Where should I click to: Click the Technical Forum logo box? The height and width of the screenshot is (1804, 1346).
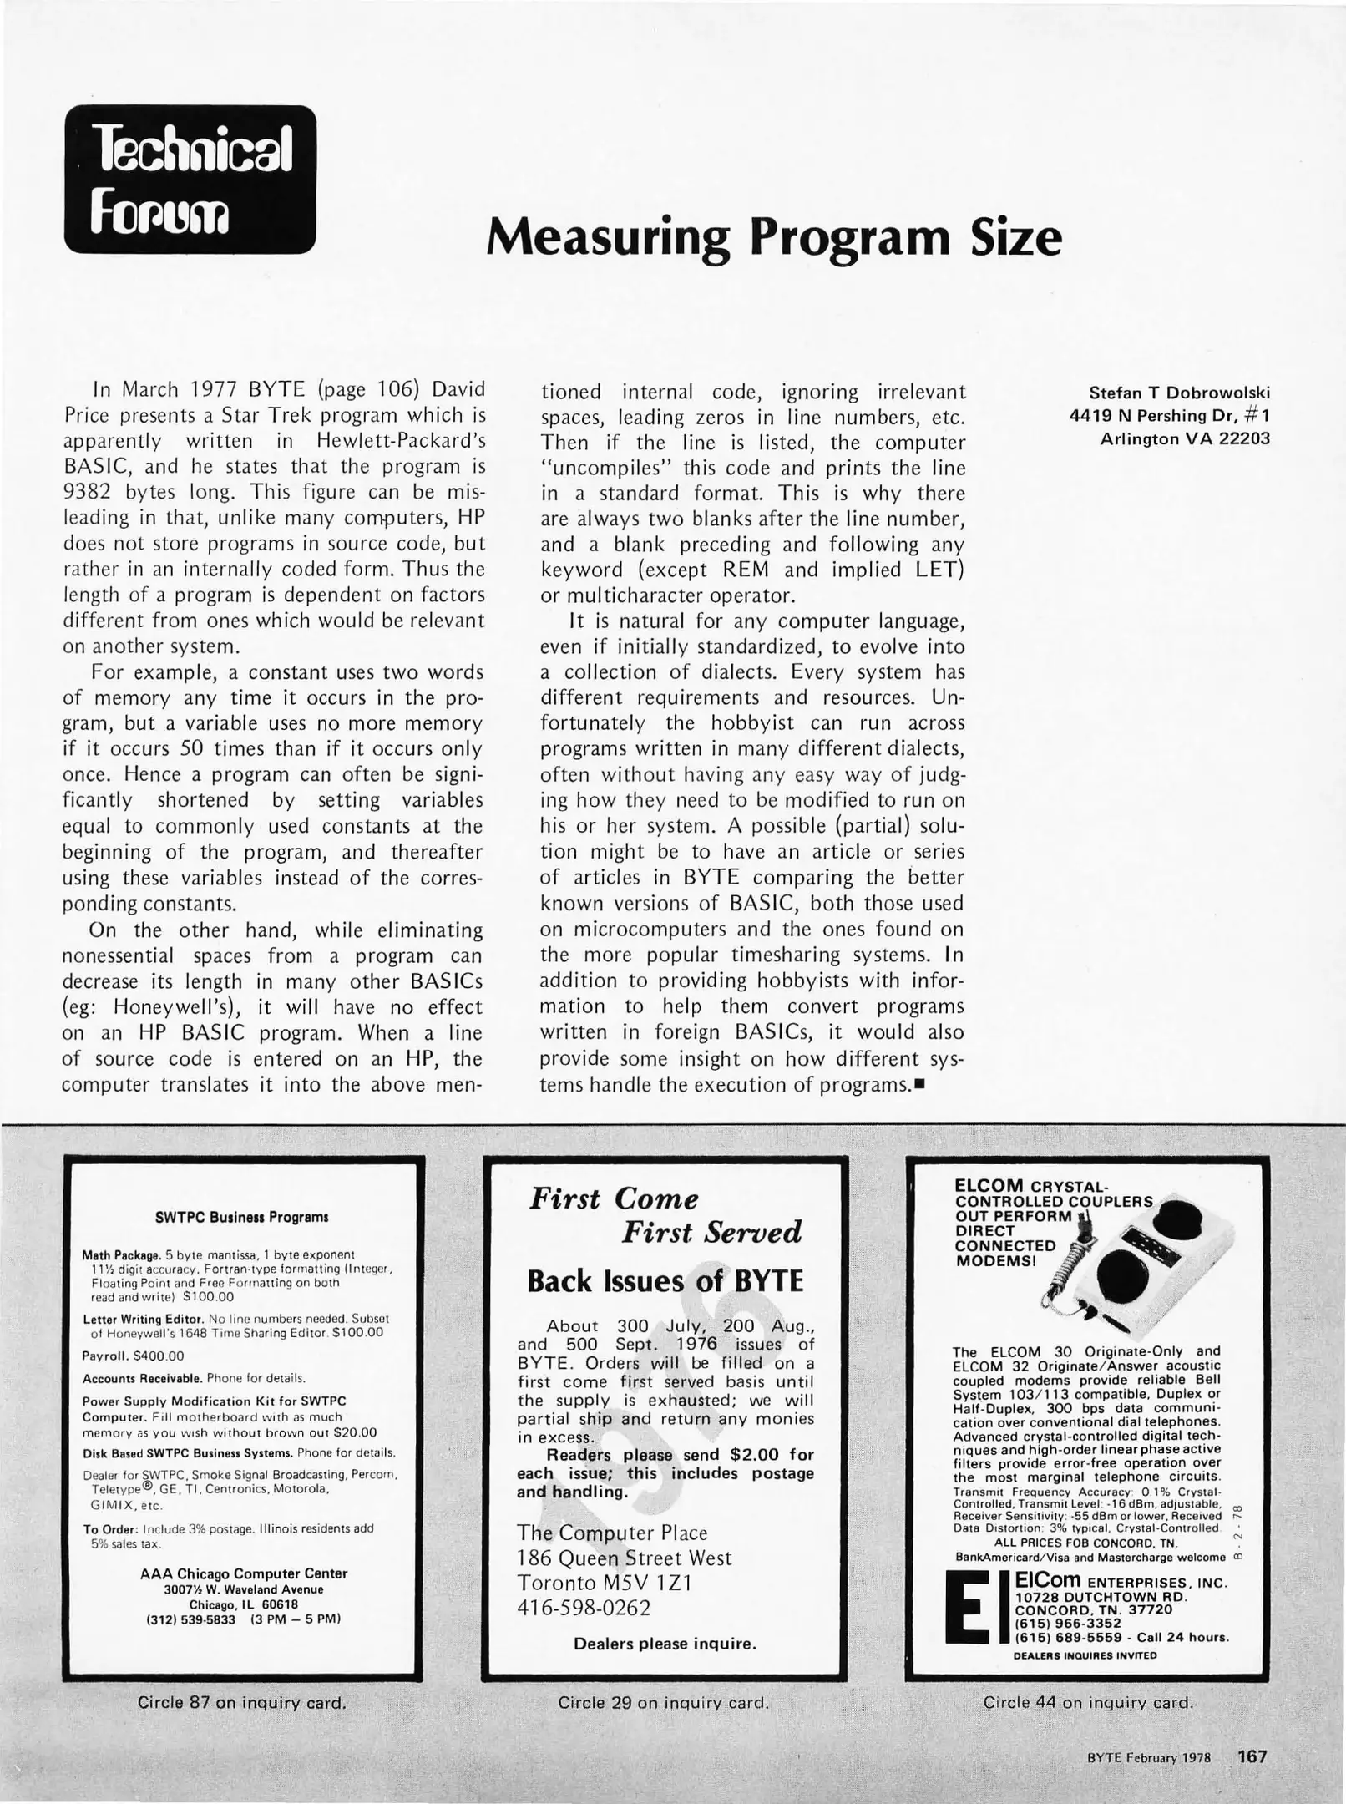click(x=190, y=179)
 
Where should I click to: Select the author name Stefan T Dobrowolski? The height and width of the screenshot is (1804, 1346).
click(x=1179, y=393)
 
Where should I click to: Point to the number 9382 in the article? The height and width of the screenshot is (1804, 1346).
click(x=89, y=492)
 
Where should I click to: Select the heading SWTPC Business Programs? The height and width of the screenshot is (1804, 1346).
click(x=242, y=1217)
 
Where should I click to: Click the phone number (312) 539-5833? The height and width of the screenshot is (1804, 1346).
click(x=189, y=1619)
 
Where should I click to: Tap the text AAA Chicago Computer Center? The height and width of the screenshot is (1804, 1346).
click(x=244, y=1573)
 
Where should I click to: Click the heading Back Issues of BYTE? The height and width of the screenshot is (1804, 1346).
click(x=665, y=1282)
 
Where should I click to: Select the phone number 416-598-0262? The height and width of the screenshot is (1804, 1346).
click(x=584, y=1608)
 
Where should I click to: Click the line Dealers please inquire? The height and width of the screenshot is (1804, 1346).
click(x=665, y=1644)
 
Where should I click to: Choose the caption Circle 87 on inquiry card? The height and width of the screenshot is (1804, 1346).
click(x=241, y=1702)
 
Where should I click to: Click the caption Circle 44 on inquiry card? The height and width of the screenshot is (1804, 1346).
click(x=1087, y=1702)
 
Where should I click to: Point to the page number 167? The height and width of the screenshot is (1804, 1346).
click(x=1252, y=1756)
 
